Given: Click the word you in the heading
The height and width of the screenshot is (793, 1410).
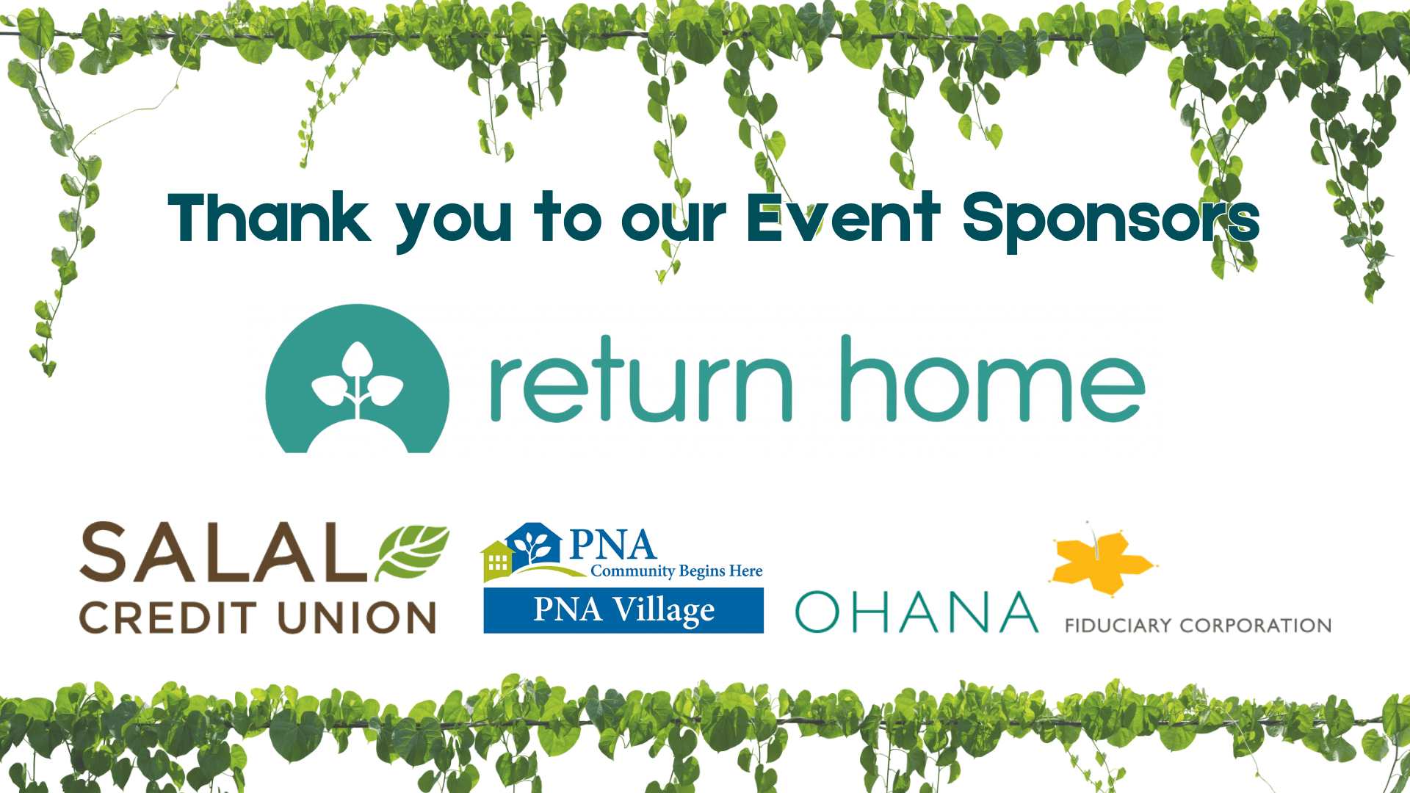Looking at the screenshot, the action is [x=453, y=225].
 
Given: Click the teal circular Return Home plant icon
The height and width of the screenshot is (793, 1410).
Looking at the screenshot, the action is [x=358, y=379].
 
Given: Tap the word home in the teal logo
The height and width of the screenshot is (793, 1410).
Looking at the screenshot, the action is [x=993, y=379].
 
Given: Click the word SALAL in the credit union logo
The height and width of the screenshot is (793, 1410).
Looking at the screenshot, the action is [x=223, y=552].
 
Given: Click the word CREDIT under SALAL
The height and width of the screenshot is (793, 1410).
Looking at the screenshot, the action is [x=167, y=618].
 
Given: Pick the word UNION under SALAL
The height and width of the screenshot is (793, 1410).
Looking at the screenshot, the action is [x=357, y=618].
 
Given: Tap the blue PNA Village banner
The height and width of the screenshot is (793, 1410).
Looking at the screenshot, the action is [x=623, y=610].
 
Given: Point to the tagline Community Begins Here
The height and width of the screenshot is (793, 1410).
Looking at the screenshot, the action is [x=676, y=571].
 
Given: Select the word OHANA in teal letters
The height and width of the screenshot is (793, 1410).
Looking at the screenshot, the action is [x=917, y=612].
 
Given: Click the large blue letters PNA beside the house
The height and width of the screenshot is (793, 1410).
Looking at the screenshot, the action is [x=612, y=546].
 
